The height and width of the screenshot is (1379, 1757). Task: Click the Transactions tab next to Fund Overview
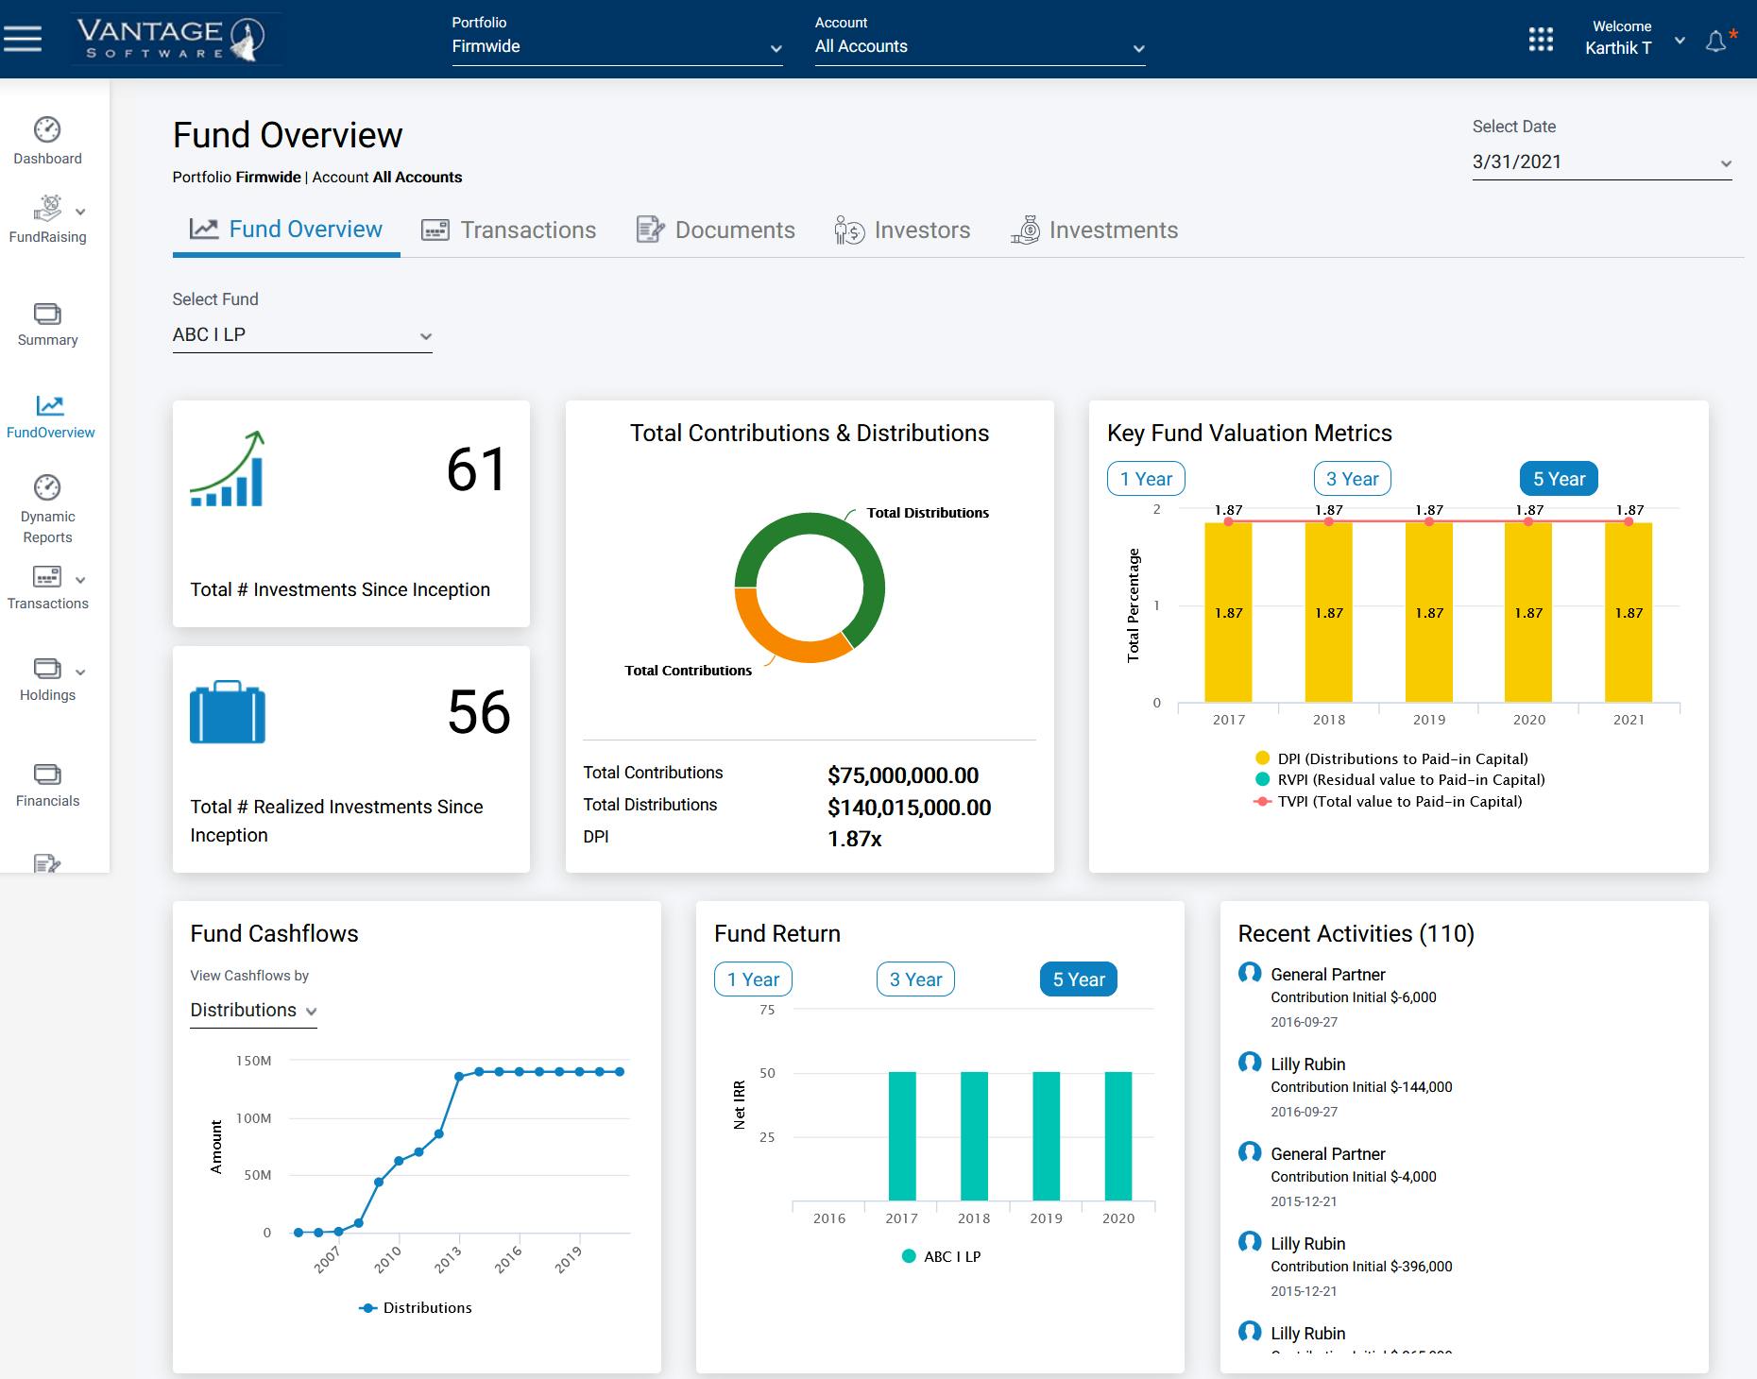(509, 230)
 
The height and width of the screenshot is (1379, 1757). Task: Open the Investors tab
(902, 230)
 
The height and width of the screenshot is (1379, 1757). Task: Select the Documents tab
(716, 230)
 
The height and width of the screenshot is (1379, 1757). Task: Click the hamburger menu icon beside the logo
(23, 39)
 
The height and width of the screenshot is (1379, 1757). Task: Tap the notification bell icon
(1715, 42)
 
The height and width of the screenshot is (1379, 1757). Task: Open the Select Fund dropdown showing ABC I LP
(301, 335)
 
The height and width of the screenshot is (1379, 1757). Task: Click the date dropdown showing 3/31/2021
(1601, 162)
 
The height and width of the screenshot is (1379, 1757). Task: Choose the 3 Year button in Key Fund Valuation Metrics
(1352, 479)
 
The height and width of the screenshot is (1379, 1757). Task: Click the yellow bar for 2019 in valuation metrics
(1428, 614)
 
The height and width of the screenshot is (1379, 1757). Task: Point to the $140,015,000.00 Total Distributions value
(909, 808)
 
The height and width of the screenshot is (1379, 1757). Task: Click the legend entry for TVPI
(1399, 802)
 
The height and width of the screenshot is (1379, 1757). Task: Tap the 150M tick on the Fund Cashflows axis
(253, 1061)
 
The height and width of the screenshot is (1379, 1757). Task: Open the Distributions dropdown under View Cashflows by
(253, 1011)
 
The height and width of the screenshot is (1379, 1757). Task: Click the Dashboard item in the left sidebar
(47, 141)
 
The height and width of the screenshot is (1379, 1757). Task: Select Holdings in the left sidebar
(47, 679)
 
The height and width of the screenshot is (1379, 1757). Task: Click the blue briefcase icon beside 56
(228, 712)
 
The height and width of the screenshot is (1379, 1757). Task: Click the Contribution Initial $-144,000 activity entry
(1360, 1087)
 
